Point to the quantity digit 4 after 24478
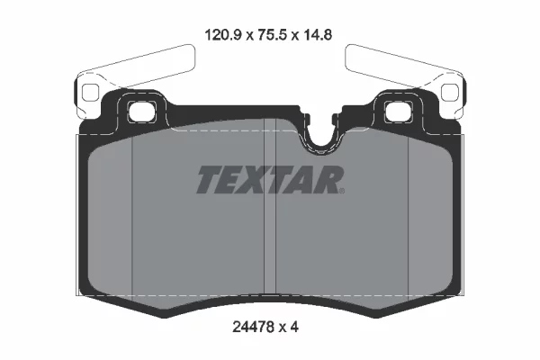point(293,328)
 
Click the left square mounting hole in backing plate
point(142,112)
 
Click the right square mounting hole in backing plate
point(398,112)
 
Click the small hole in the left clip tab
point(90,94)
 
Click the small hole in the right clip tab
point(449,94)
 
